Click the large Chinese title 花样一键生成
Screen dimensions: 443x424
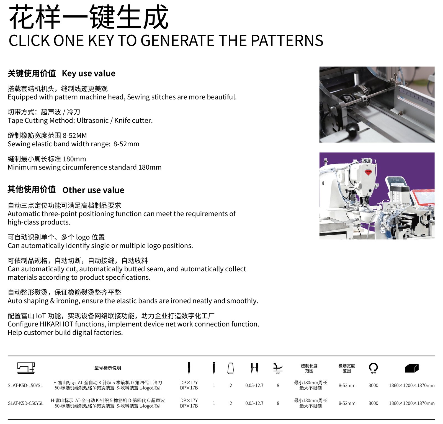click(x=89, y=17)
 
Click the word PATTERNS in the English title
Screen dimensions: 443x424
click(x=287, y=40)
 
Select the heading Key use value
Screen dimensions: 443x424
click(x=89, y=73)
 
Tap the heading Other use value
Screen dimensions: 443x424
click(x=93, y=190)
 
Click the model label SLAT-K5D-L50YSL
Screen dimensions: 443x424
click(x=25, y=385)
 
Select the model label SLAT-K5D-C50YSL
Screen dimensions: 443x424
click(x=26, y=403)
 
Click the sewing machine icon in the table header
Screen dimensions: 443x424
click(x=26, y=368)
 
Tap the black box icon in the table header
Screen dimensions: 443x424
click(x=412, y=368)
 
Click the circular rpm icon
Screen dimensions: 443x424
click(x=373, y=367)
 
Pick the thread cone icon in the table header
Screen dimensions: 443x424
click(x=231, y=368)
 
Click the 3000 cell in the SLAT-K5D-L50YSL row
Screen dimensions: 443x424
click(x=373, y=385)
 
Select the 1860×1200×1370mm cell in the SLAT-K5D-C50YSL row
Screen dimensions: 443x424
click(x=412, y=403)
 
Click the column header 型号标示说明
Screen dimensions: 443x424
click(x=108, y=368)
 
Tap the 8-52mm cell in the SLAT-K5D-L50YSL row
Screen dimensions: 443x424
click(x=347, y=385)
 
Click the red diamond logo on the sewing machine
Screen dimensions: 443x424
click(x=368, y=172)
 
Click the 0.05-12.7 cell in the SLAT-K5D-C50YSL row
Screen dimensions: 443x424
click(x=254, y=403)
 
